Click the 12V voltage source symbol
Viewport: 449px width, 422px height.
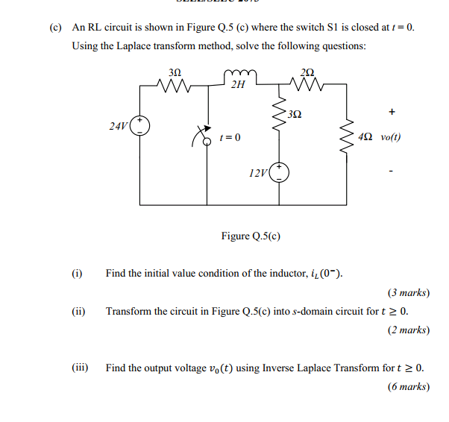coord(280,173)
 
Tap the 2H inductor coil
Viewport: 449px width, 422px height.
coord(239,73)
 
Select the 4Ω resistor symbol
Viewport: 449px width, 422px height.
coord(346,138)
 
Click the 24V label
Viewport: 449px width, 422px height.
coord(118,127)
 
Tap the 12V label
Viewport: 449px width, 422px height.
coord(258,173)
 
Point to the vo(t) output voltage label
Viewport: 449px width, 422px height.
coord(391,138)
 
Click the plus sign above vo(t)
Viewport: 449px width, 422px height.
coord(392,113)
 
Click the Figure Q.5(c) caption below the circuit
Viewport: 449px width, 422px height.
coord(251,236)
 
